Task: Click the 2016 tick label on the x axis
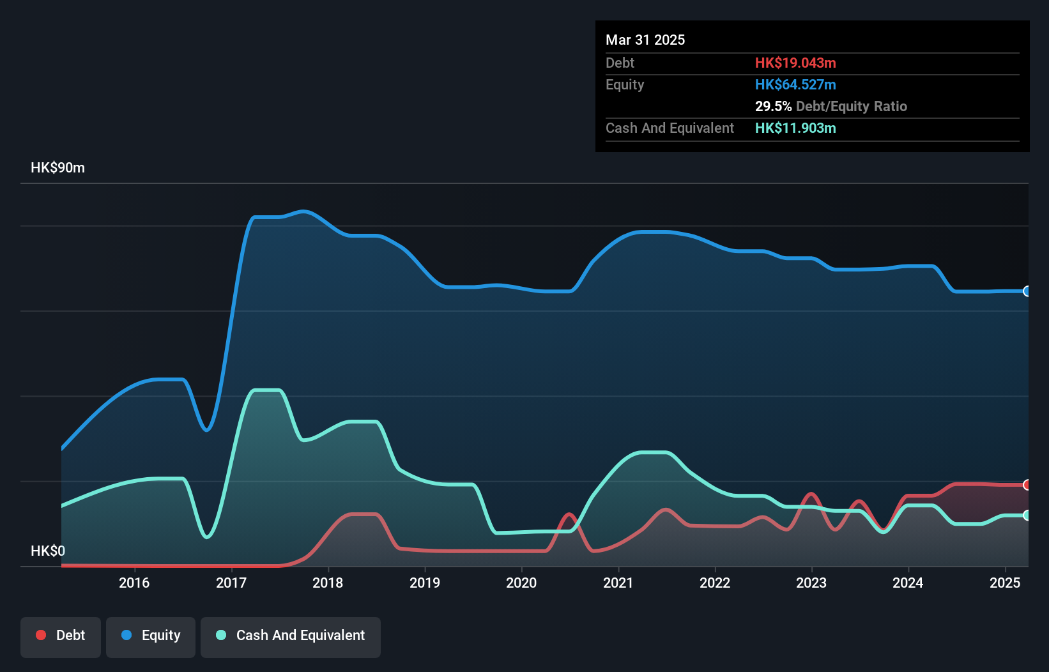click(134, 583)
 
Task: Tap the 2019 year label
click(425, 583)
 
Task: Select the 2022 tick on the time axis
click(715, 583)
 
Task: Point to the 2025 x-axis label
click(1005, 583)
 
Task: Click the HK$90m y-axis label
click(57, 168)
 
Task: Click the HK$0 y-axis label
click(48, 551)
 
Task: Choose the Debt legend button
click(61, 636)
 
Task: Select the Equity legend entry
click(151, 636)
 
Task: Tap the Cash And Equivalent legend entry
click(291, 636)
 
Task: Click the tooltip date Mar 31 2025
click(645, 40)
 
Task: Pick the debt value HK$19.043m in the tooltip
click(795, 63)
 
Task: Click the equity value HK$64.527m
click(795, 84)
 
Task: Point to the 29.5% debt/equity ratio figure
click(773, 106)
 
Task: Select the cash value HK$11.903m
click(795, 128)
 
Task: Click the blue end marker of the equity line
click(1027, 291)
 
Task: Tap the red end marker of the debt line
click(1027, 485)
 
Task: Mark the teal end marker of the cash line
click(1027, 515)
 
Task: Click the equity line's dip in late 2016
click(206, 429)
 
